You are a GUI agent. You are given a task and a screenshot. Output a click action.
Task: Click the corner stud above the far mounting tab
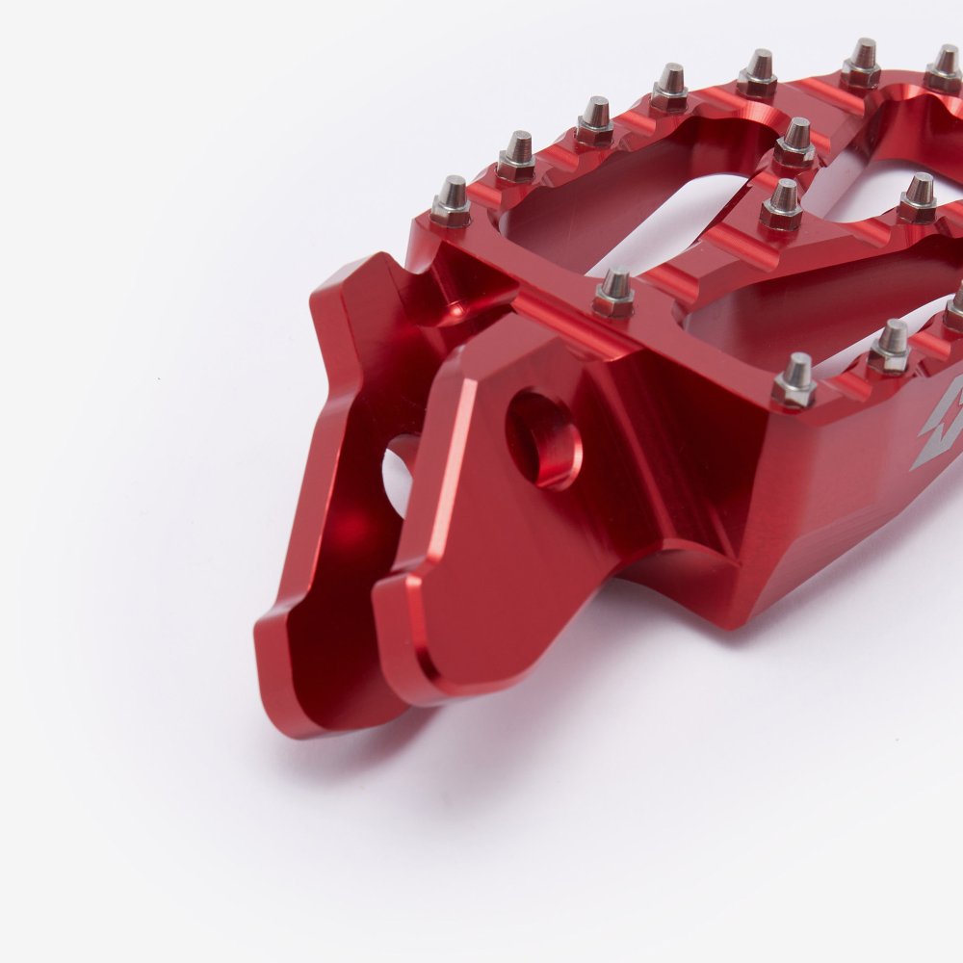click(450, 202)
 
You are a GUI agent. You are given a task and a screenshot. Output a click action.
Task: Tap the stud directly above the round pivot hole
click(613, 294)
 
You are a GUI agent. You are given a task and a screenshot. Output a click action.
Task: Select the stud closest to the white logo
click(794, 380)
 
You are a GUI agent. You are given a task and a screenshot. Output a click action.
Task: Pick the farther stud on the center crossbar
click(795, 143)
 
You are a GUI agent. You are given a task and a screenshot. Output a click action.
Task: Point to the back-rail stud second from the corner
click(517, 157)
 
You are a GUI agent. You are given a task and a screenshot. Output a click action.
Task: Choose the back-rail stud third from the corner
click(594, 121)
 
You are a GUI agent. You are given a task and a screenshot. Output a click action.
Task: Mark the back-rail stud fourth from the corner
click(669, 89)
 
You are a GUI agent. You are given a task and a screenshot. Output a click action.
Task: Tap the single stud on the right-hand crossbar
click(918, 197)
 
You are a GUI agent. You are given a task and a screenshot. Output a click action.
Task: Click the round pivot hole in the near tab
click(545, 438)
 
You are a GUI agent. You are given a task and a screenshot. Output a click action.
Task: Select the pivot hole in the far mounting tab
click(400, 472)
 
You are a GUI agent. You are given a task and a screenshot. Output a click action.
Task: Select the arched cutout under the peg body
click(674, 568)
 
